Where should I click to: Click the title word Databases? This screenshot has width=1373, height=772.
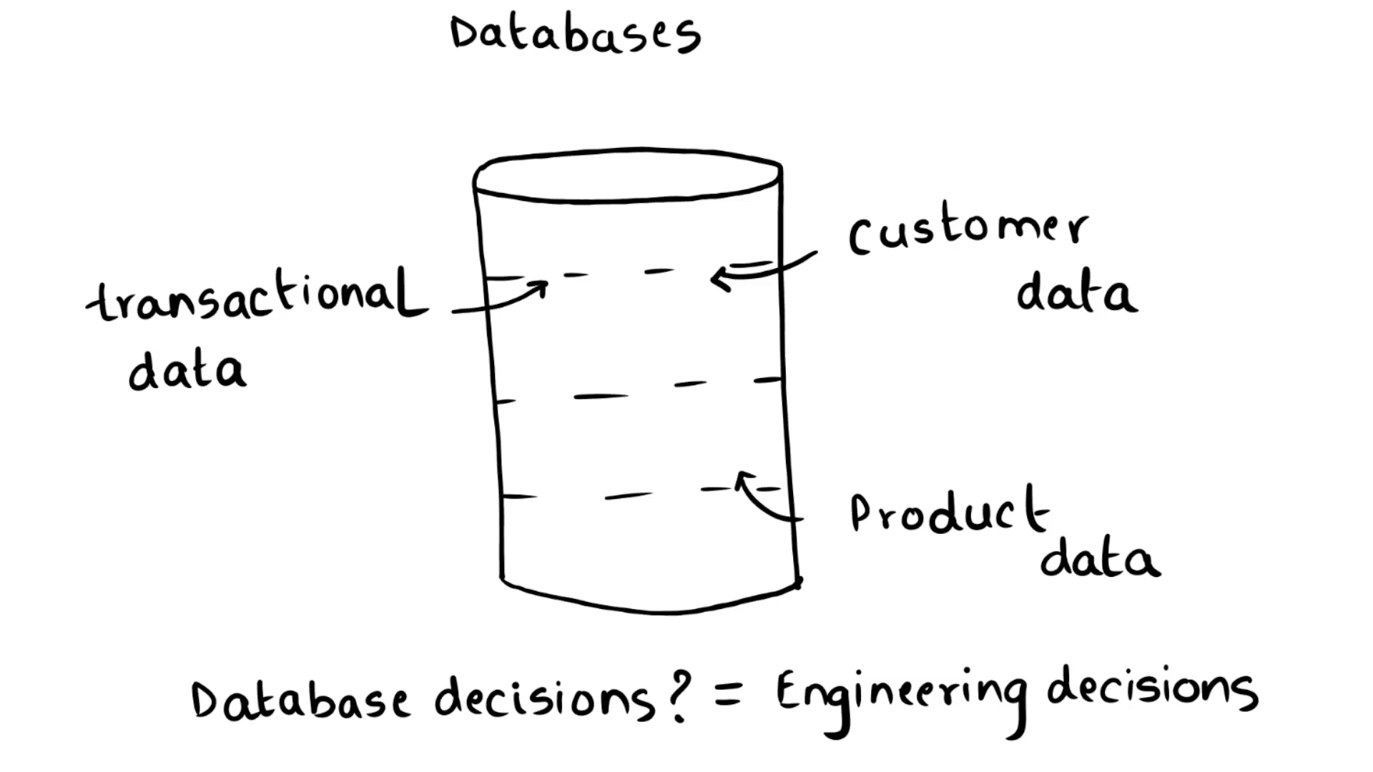pyautogui.click(x=576, y=34)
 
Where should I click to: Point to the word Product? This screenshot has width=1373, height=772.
pyautogui.click(x=950, y=512)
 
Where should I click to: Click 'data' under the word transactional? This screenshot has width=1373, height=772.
pyautogui.click(x=187, y=370)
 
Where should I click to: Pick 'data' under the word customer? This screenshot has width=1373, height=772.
pyautogui.click(x=1076, y=293)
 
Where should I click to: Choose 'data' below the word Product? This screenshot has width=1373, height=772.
pyautogui.click(x=1100, y=559)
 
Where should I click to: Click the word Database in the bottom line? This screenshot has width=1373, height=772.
pyautogui.click(x=300, y=699)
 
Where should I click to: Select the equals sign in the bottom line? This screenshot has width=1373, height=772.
pyautogui.click(x=728, y=692)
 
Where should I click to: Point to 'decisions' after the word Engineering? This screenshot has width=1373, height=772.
pyautogui.click(x=1151, y=688)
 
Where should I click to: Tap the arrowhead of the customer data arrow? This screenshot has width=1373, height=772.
pyautogui.click(x=717, y=279)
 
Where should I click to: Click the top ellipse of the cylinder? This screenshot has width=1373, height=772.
pyautogui.click(x=628, y=175)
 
